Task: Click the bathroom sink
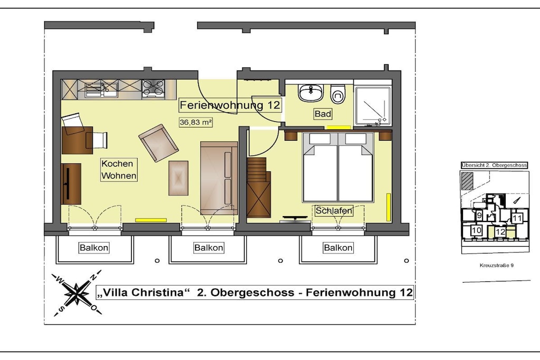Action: (x=311, y=92)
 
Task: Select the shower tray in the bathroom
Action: (x=373, y=105)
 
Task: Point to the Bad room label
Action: (x=323, y=113)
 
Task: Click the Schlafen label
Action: (x=334, y=211)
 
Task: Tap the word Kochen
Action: (x=117, y=164)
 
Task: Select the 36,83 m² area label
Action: (x=196, y=122)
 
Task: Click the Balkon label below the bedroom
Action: (x=338, y=247)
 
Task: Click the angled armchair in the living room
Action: (x=158, y=143)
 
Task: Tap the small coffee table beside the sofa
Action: (x=178, y=178)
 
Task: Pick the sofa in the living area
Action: (x=219, y=178)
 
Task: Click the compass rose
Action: (x=76, y=293)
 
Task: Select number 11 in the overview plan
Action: (x=517, y=218)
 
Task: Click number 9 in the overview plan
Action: (x=479, y=216)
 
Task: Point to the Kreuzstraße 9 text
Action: (x=497, y=265)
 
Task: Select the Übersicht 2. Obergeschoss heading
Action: (x=494, y=165)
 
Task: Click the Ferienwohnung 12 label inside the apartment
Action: (x=230, y=105)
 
